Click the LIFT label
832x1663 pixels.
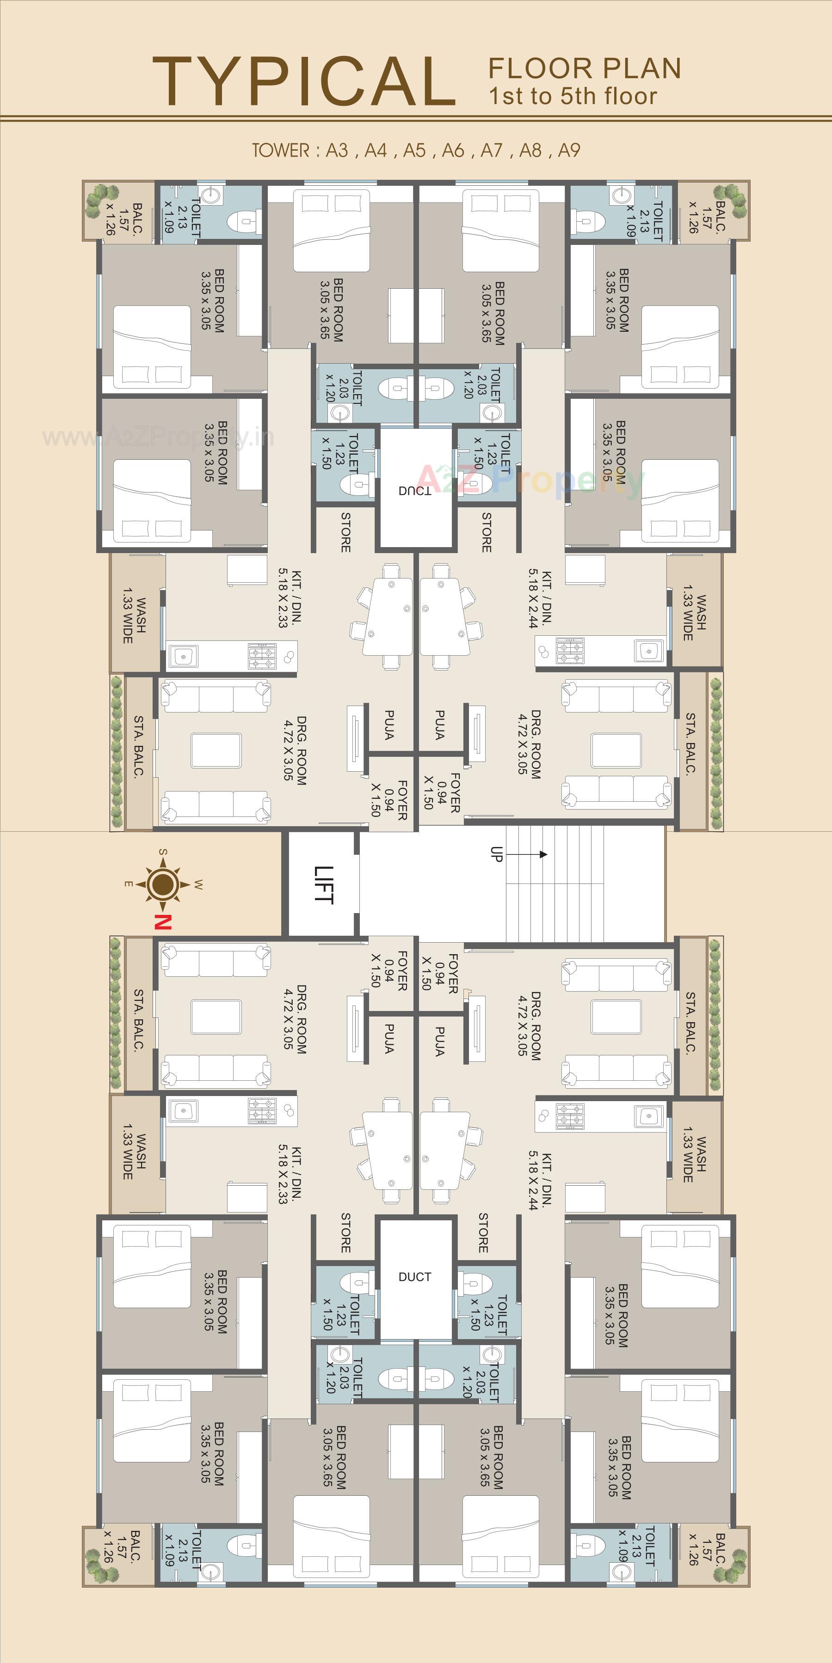coord(323,884)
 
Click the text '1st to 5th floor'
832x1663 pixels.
coord(573,96)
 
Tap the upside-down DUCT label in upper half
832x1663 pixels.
coord(415,491)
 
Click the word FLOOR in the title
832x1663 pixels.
coord(540,68)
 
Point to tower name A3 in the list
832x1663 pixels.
coord(337,151)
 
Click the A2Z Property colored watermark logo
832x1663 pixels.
coord(530,479)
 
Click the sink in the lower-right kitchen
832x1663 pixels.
coord(648,1115)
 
